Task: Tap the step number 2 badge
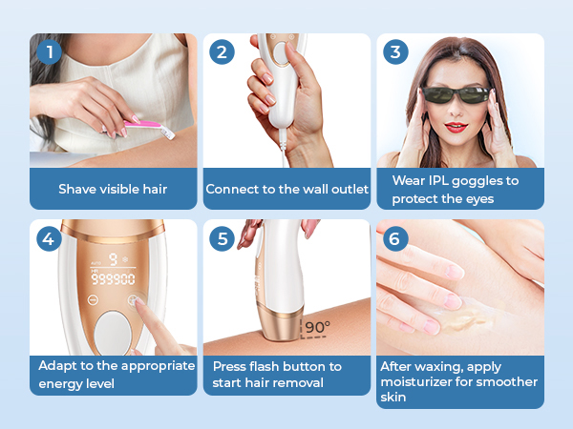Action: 222,52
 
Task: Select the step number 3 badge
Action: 395,52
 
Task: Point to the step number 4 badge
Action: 48,238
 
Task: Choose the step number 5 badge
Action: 222,238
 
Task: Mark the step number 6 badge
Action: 395,238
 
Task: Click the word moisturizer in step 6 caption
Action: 417,382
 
